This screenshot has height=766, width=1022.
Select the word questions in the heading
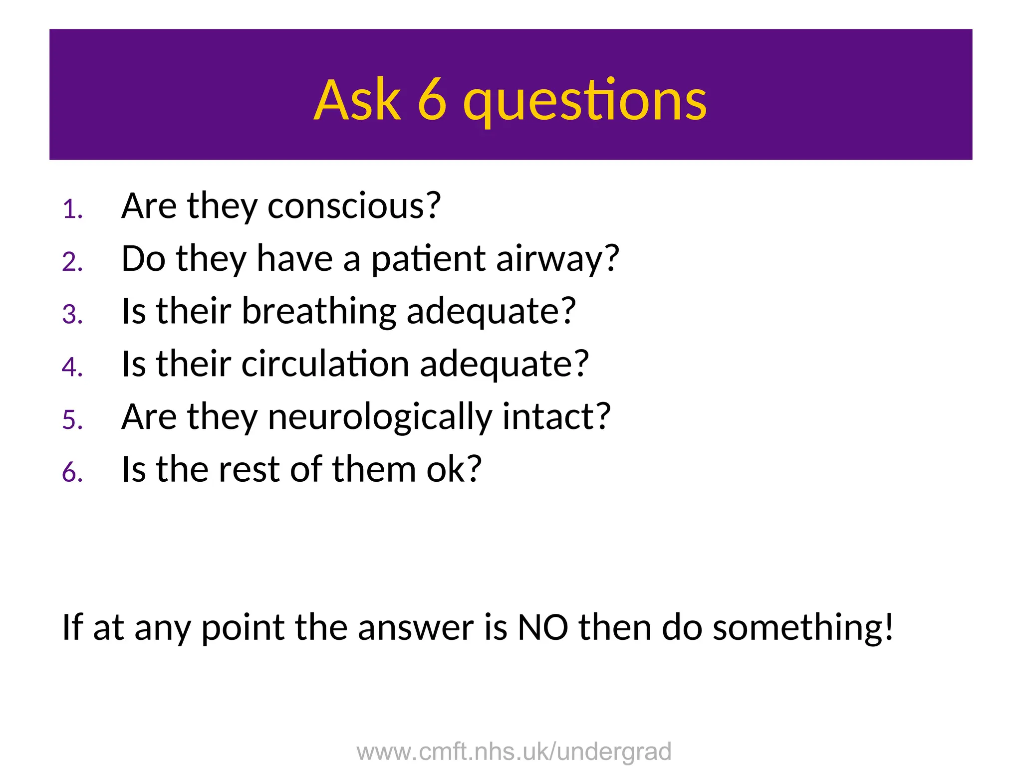pos(584,102)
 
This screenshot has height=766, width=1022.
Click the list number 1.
pos(72,209)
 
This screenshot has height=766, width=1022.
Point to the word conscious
pos(354,206)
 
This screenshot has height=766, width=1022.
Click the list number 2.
pos(72,262)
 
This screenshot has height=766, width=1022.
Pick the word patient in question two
pos(428,260)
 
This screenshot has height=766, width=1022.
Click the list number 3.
pos(72,315)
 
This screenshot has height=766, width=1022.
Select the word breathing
pos(319,312)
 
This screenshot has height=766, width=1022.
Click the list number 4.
pos(72,367)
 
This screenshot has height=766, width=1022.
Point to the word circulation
pos(325,364)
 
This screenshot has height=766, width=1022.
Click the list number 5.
pos(72,420)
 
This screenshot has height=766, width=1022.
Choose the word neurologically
pos(380,418)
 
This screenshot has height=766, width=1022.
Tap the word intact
pos(556,417)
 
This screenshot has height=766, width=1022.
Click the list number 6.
pos(72,472)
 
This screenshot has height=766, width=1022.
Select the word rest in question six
pos(249,470)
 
